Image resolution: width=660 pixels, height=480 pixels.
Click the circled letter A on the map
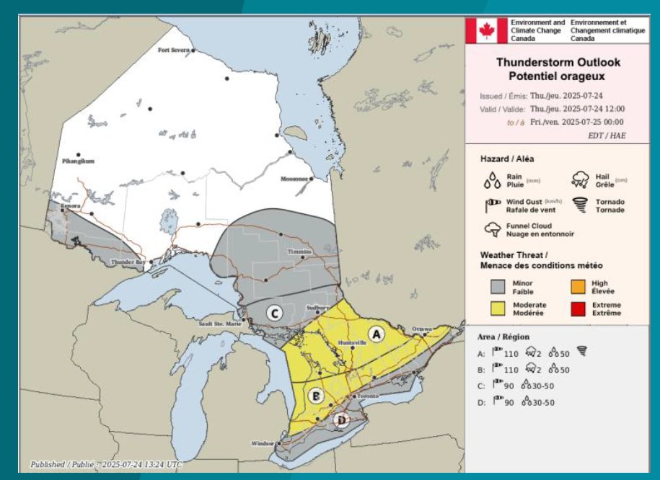[375, 333]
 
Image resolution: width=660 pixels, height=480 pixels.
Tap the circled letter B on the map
[314, 396]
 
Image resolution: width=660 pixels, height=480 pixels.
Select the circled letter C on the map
[273, 313]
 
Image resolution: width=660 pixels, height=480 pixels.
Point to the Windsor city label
[263, 443]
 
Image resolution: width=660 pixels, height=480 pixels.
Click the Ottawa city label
[421, 329]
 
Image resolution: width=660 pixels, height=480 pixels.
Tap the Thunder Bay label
[126, 262]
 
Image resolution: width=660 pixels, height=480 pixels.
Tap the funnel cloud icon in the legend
[493, 230]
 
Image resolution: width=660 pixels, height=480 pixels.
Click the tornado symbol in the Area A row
[583, 353]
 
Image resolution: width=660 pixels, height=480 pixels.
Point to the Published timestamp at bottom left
[106, 465]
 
